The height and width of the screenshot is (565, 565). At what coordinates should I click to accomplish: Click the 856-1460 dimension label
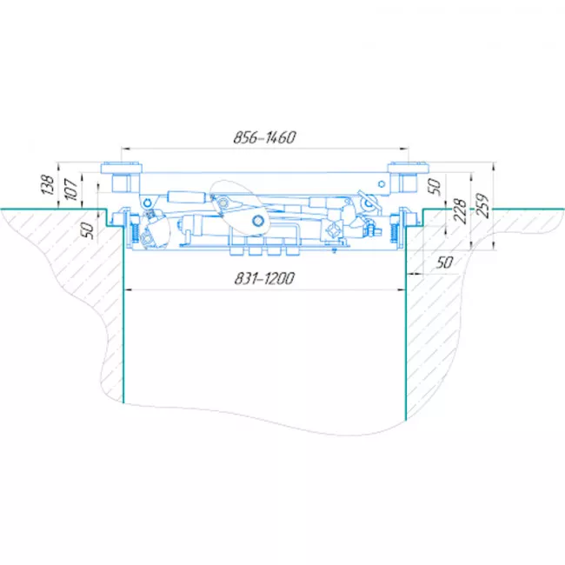265,137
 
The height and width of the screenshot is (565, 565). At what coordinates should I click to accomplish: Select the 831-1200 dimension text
265,278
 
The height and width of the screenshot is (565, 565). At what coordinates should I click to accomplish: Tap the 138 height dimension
48,184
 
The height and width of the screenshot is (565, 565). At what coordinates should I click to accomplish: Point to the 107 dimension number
71,189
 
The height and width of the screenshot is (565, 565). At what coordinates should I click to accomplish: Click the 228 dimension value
460,210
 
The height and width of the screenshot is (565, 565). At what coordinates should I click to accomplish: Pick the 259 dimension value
482,205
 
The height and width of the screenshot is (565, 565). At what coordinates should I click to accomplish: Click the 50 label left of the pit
89,230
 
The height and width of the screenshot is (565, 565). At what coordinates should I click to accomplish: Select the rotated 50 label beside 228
435,186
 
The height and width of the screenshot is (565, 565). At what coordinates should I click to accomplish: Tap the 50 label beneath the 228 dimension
444,263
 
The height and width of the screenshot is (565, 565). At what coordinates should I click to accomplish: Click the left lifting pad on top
121,168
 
